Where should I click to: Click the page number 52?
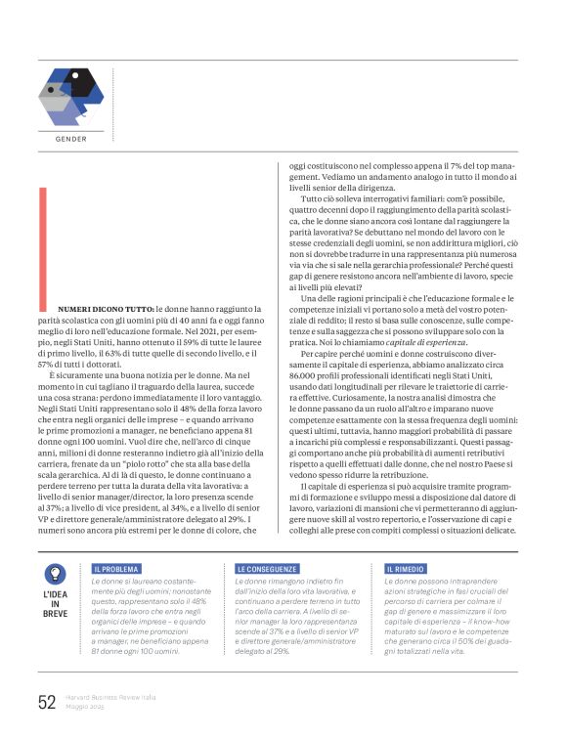(46, 702)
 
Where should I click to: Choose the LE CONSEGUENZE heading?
(266, 568)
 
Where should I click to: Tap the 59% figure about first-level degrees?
(176, 345)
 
